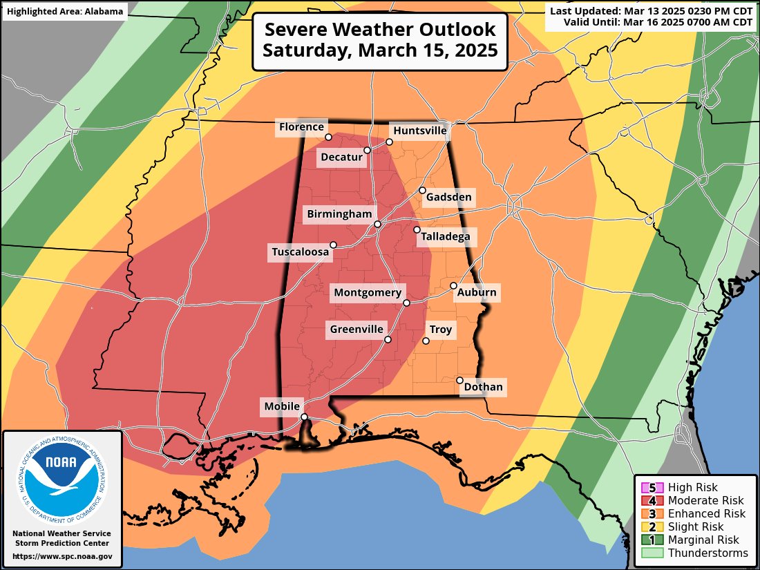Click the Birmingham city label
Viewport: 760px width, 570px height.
[x=339, y=214]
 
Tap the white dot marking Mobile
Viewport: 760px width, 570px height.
[x=304, y=417]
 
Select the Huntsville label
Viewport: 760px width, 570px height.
[x=419, y=131]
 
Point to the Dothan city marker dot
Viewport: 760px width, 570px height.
[x=460, y=380]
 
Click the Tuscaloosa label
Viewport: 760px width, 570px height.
[x=300, y=252]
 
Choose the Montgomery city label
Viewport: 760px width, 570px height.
[x=367, y=293]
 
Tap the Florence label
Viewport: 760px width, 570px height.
[x=301, y=126]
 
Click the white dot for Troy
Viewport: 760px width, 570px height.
[x=426, y=341]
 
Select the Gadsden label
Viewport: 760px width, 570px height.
[x=448, y=198]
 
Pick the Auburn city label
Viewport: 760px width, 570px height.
[x=476, y=292]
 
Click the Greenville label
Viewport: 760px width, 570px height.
[x=356, y=330]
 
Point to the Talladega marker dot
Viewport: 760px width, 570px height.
[x=417, y=230]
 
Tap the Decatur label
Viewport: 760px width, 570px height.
[x=341, y=158]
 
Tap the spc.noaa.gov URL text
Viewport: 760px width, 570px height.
[x=62, y=556]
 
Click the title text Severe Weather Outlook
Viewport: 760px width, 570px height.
[x=380, y=30]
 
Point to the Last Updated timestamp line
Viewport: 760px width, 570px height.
[x=651, y=10]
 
